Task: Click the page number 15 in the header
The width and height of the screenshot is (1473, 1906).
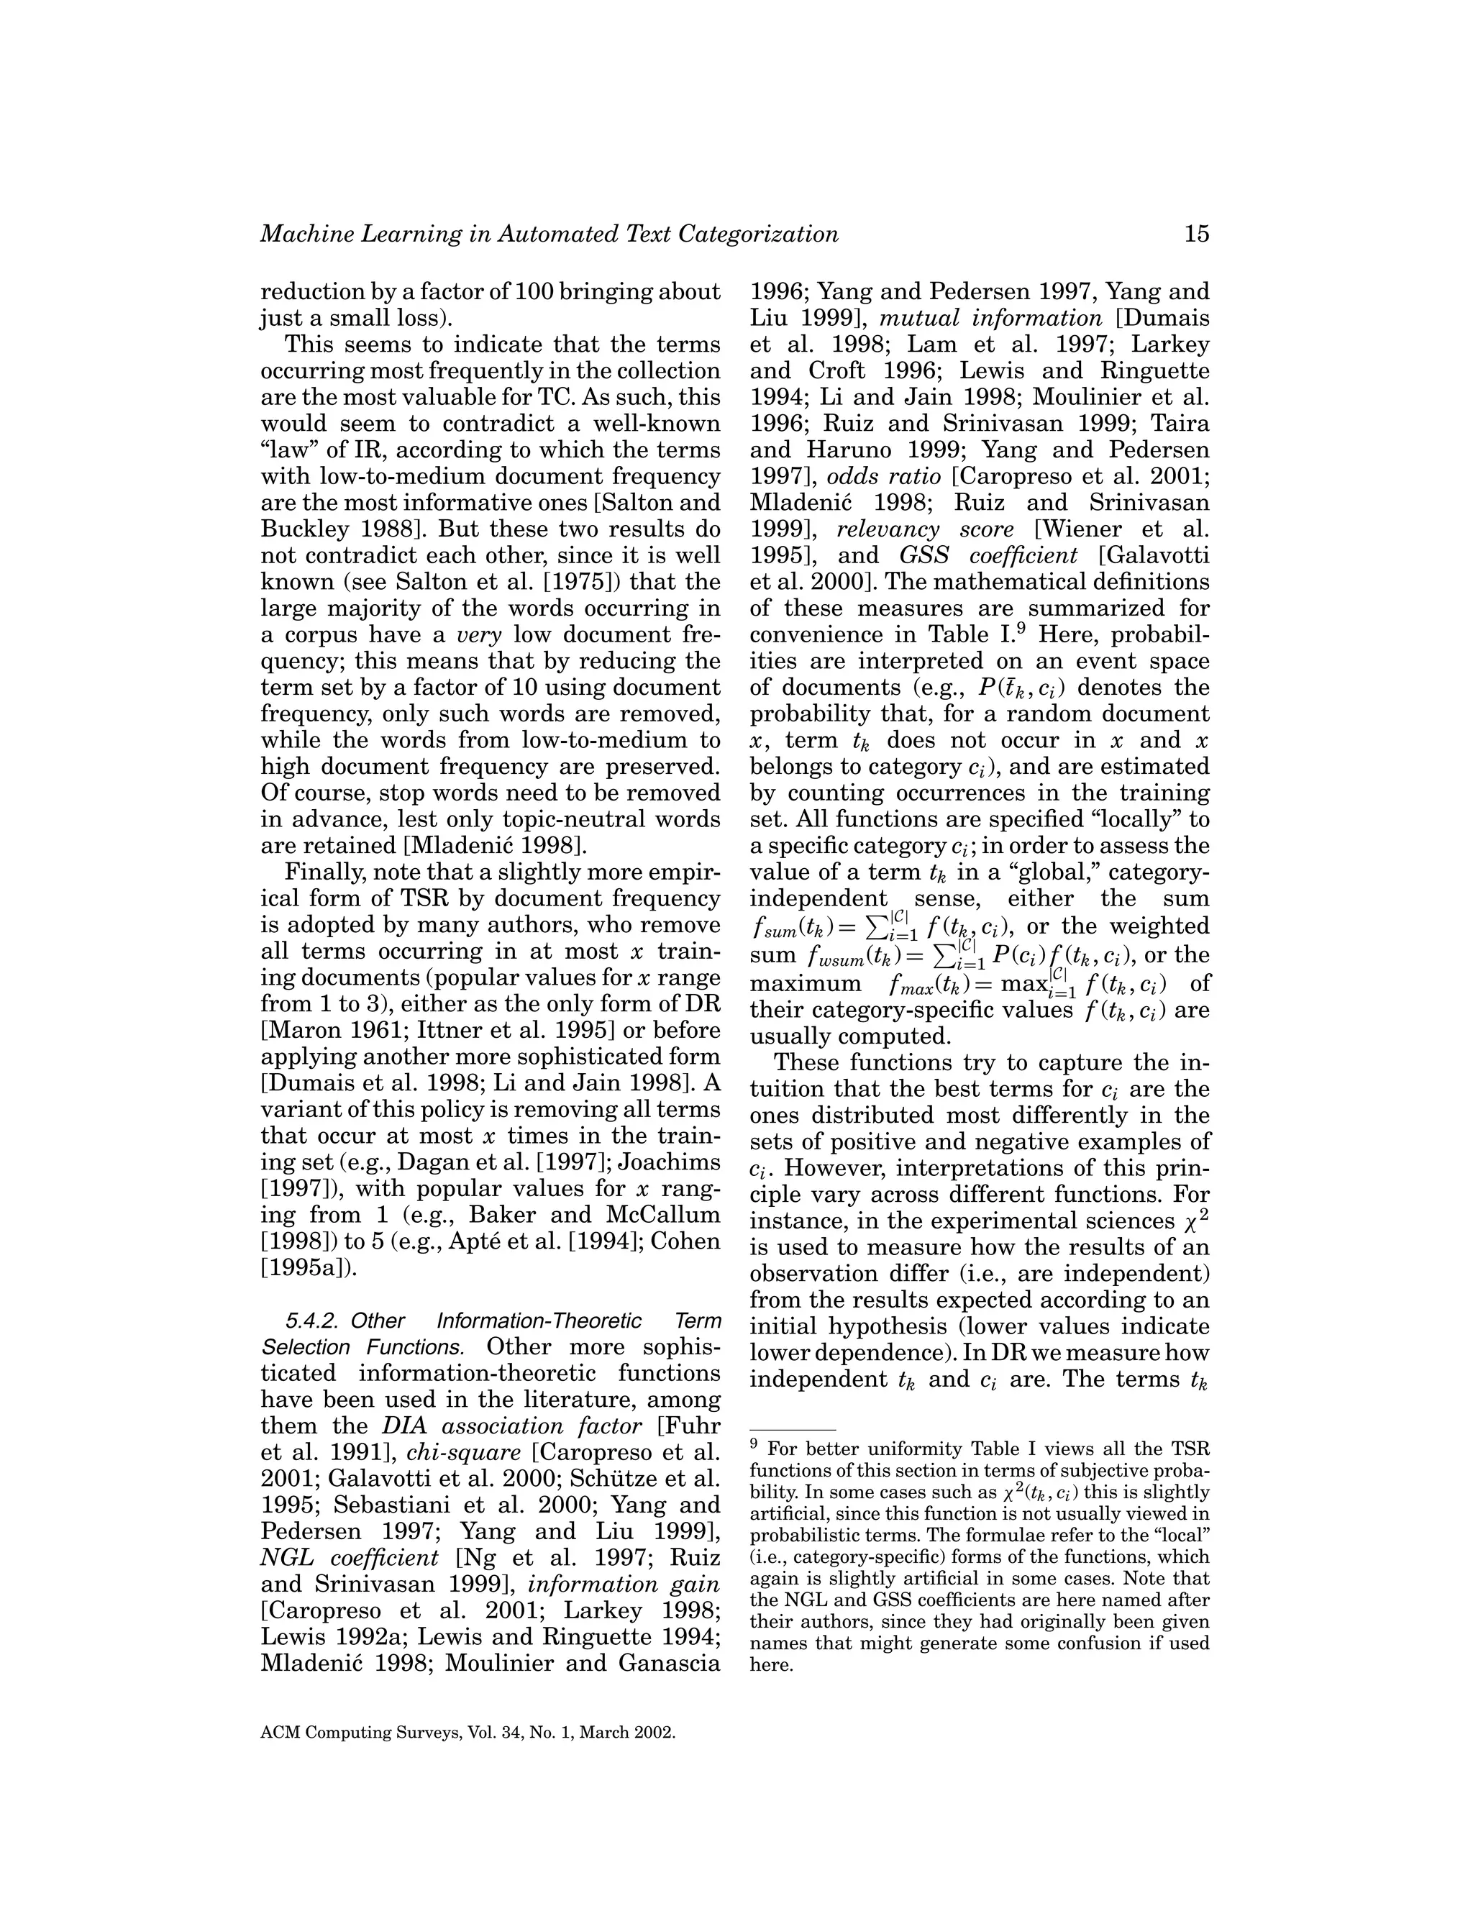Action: point(1196,234)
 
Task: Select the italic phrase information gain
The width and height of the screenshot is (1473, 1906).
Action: point(624,1584)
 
